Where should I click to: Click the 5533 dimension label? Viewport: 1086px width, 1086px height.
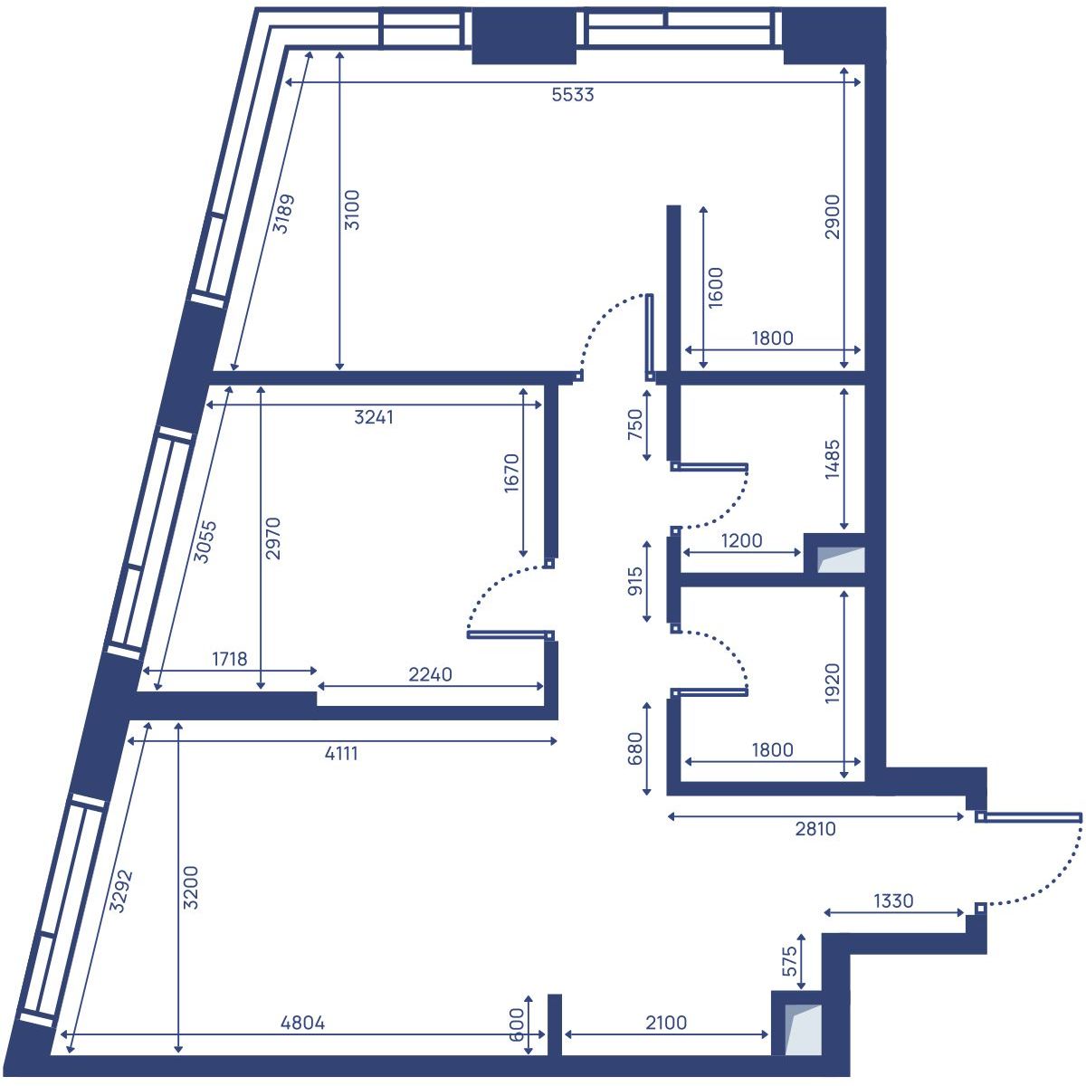tap(573, 94)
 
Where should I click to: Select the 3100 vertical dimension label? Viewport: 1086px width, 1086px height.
tap(352, 209)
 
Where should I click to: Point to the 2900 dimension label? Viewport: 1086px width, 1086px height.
tap(833, 216)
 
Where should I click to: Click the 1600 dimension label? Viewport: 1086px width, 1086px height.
tap(715, 288)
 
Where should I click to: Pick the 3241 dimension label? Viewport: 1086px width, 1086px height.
tap(374, 417)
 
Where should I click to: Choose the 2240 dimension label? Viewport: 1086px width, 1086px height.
tap(430, 674)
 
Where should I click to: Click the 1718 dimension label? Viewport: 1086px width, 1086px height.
tap(229, 659)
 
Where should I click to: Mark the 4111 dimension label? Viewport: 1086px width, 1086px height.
tap(341, 753)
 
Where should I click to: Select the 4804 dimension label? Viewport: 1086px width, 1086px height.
tap(302, 1024)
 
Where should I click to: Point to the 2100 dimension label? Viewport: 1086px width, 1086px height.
tap(666, 1024)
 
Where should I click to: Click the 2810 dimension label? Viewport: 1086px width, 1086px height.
tap(815, 828)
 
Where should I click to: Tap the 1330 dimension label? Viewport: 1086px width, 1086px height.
tap(893, 901)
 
